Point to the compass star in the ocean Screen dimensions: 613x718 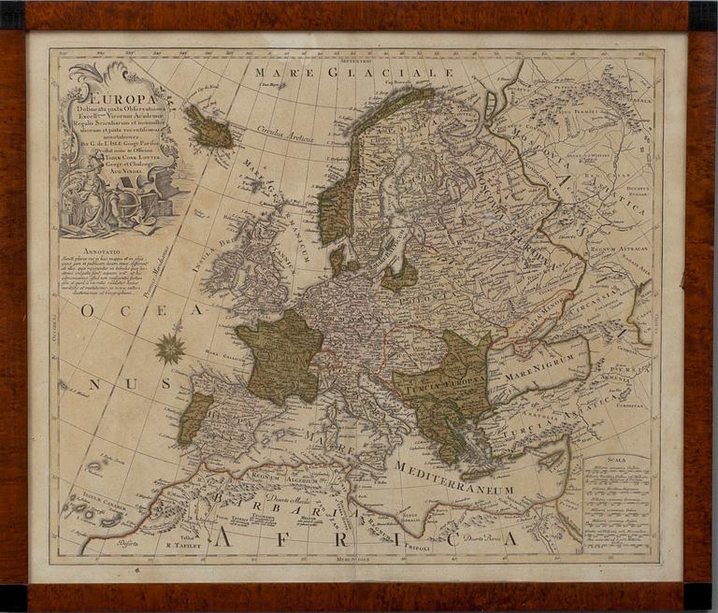pyautogui.click(x=170, y=349)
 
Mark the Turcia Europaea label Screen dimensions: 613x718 pyautogui.click(x=438, y=382)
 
